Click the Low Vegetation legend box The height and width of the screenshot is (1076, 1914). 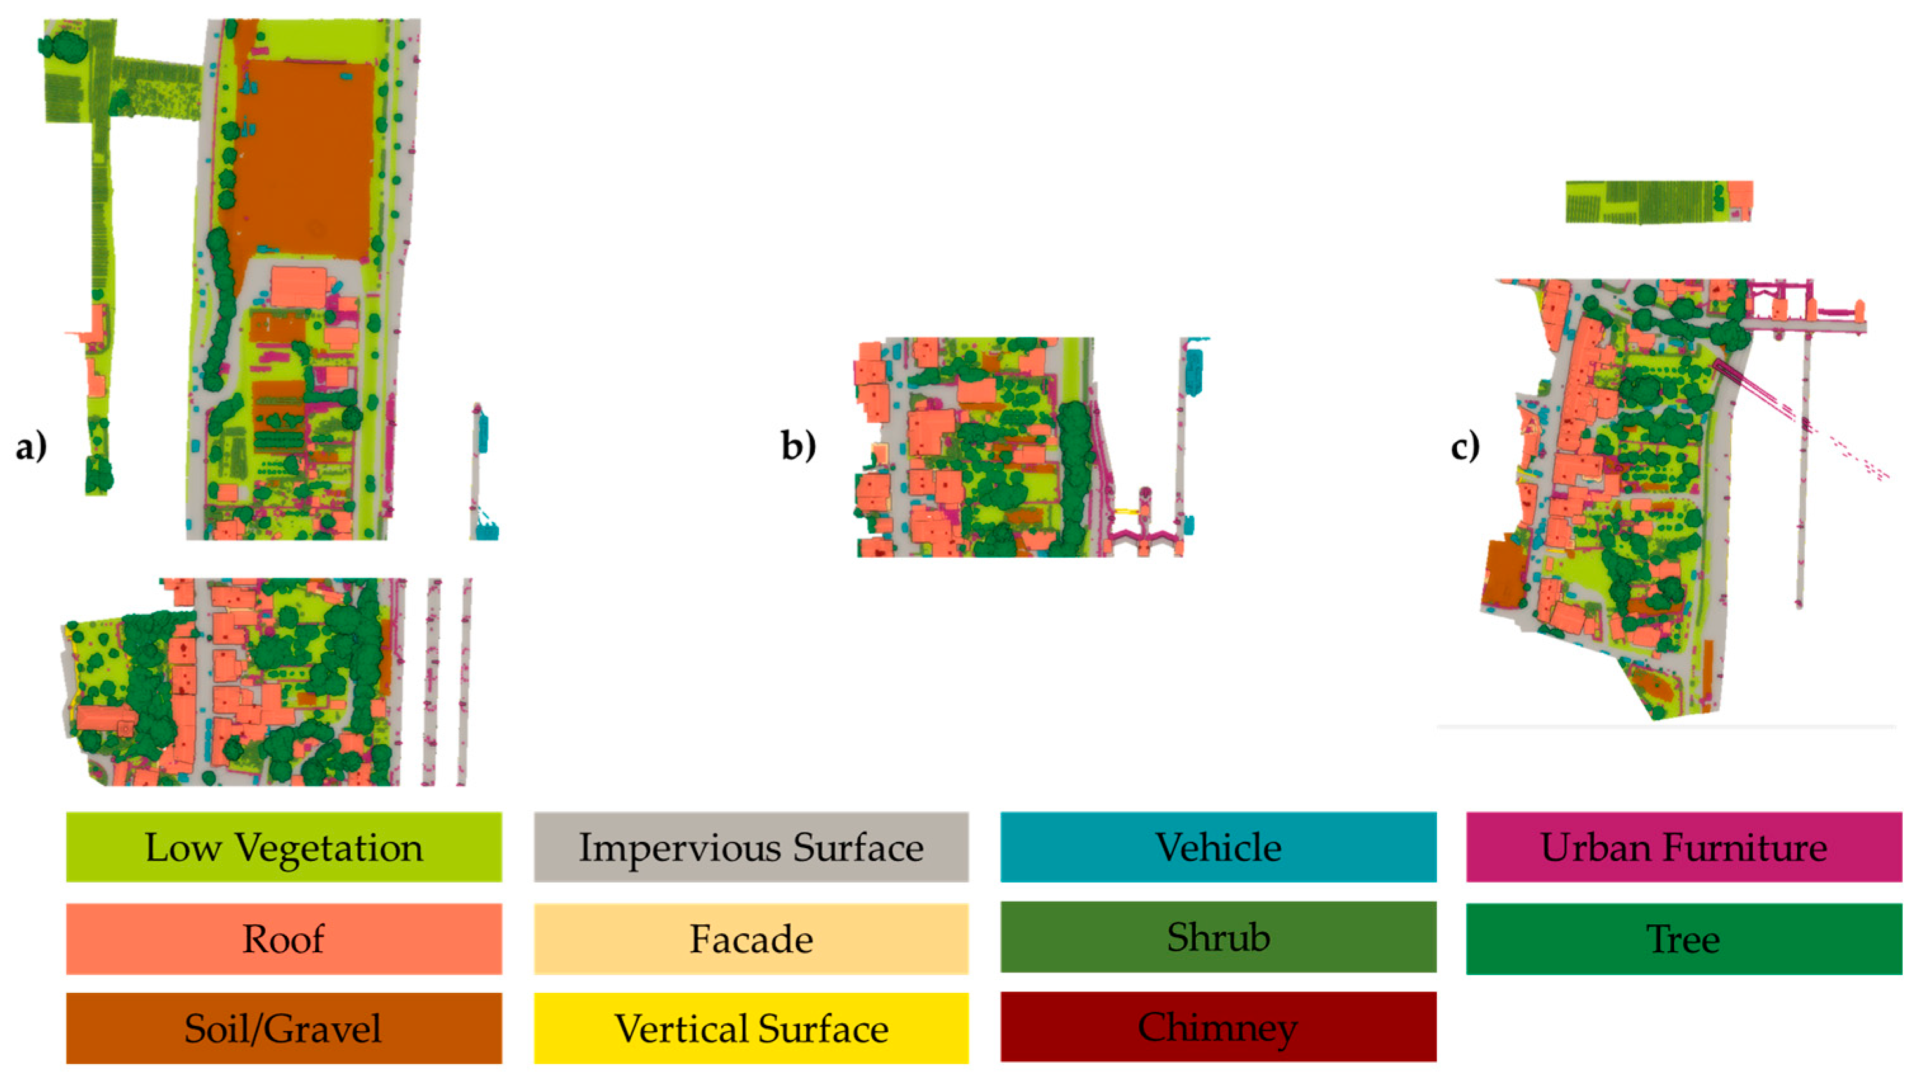(x=284, y=847)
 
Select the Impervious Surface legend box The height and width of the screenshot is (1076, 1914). (x=751, y=847)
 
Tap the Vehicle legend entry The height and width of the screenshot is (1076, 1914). (x=1218, y=847)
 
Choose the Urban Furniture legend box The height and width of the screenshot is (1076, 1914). (x=1684, y=847)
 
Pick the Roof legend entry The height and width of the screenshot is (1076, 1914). (x=284, y=938)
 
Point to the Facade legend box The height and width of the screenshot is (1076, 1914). (x=751, y=938)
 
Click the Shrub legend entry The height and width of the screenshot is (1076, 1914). (x=1218, y=937)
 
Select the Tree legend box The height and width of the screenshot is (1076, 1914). (x=1684, y=938)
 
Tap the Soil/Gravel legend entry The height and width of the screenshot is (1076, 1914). (x=284, y=1028)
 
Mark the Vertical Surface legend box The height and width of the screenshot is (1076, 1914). (x=751, y=1028)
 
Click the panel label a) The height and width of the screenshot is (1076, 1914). (x=31, y=447)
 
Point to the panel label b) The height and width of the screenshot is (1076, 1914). (x=798, y=445)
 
